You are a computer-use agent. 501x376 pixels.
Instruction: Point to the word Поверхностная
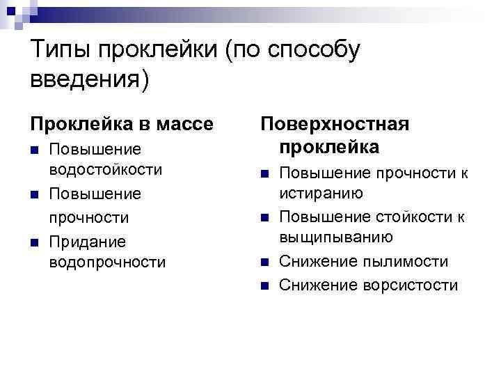335,123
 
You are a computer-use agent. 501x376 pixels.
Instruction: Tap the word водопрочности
108,263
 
